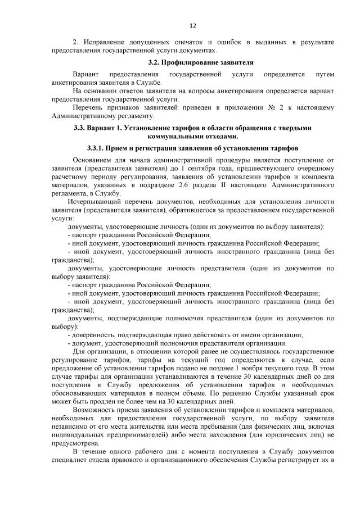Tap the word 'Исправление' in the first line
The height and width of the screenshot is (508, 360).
[x=104, y=43]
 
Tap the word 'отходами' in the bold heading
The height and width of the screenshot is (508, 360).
[x=220, y=136]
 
